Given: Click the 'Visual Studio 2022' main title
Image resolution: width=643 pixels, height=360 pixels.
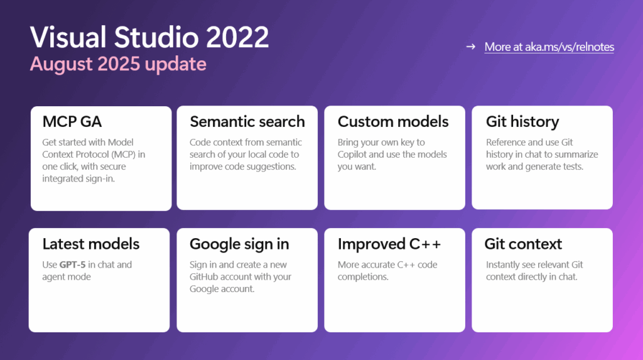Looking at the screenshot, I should tap(149, 38).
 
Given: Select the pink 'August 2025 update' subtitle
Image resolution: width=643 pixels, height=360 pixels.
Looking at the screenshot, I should tap(118, 64).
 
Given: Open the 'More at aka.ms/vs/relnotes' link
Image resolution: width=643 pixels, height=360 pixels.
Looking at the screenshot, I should tap(549, 47).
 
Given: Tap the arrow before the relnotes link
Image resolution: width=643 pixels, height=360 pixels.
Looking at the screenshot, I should tap(470, 47).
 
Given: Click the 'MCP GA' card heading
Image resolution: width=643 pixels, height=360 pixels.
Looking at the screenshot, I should tap(72, 121).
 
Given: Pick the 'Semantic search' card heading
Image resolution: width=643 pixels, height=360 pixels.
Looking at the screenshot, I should tap(247, 121).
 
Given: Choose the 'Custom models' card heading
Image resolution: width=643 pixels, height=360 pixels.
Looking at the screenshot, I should tap(393, 121).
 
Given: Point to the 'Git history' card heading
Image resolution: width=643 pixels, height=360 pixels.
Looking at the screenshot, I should tap(522, 121).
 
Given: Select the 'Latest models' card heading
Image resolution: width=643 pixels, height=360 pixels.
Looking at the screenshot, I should tap(91, 244).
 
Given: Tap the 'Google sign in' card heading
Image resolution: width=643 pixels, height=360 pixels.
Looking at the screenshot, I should tap(239, 244).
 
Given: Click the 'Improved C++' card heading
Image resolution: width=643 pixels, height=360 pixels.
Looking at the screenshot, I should tap(389, 244).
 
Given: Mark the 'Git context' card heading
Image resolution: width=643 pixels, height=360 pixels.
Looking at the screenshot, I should tap(523, 244).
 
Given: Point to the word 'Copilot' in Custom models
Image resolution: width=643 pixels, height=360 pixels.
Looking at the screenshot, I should tap(355, 155).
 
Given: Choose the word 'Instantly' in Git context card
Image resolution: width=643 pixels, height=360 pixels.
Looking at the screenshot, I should tap(505, 265).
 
